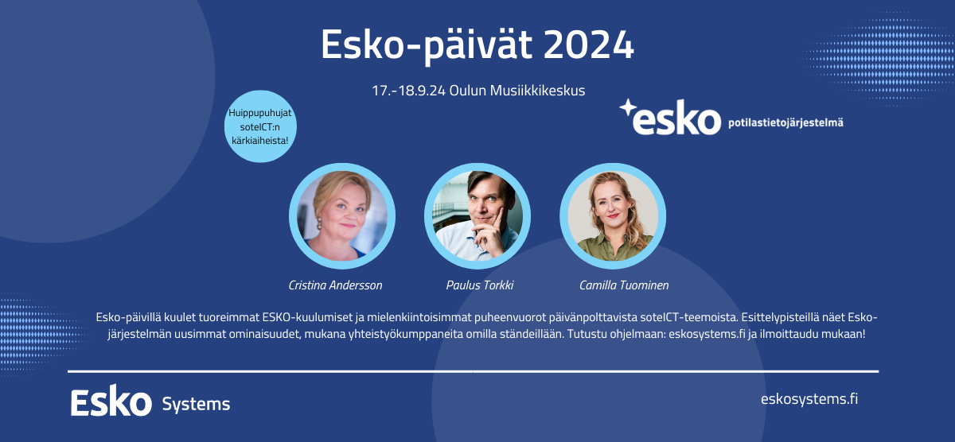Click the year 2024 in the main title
[x=589, y=45]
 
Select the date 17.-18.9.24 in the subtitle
[x=408, y=91]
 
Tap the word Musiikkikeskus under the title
[x=537, y=91]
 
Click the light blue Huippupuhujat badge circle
[x=260, y=126]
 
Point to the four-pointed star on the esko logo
[x=628, y=108]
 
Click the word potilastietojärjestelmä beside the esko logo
[x=785, y=123]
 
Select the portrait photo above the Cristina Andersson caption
[x=342, y=216]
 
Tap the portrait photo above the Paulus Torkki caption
[x=477, y=216]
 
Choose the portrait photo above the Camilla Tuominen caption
[x=613, y=216]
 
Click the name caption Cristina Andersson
[x=335, y=285]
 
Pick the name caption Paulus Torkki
[x=480, y=285]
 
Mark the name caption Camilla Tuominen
[x=624, y=285]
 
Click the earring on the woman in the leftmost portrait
[x=318, y=223]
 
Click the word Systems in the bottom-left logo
[x=196, y=405]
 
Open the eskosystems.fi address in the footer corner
[x=809, y=399]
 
